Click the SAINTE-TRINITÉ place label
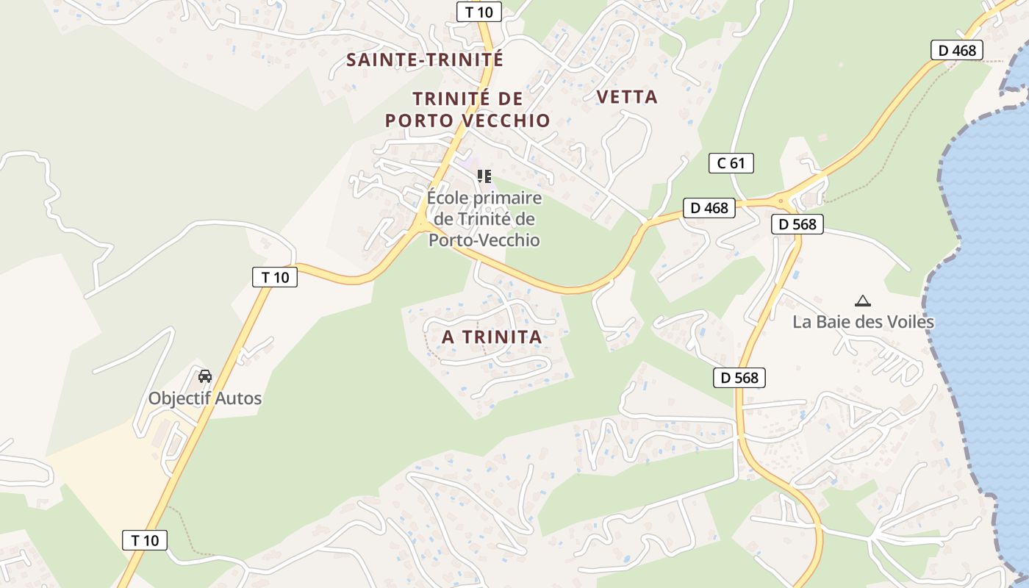(x=425, y=60)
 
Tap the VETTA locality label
(x=627, y=97)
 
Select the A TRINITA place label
(x=491, y=337)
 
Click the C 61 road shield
(x=731, y=163)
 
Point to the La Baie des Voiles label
(x=863, y=322)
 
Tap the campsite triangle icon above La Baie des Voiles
(x=862, y=301)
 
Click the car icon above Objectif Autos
(x=205, y=376)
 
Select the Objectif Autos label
(x=205, y=398)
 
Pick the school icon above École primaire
(x=484, y=176)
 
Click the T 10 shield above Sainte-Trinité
(x=479, y=12)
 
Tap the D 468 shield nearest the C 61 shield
(x=709, y=208)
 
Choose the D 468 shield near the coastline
(x=957, y=50)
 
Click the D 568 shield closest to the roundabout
(x=797, y=224)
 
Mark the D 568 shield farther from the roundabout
(x=739, y=378)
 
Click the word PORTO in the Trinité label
(x=421, y=121)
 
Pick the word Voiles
(x=908, y=322)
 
